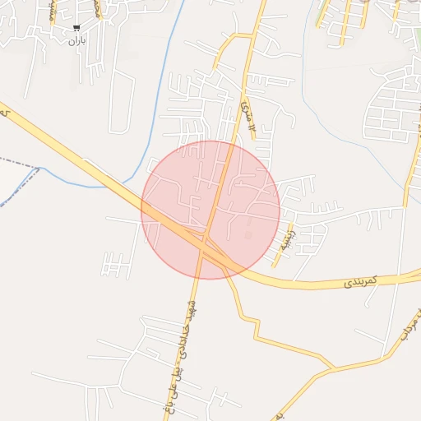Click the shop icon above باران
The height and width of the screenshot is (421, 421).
click(x=76, y=29)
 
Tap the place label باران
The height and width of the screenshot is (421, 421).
click(x=76, y=39)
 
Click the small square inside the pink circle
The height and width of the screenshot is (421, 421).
click(x=248, y=236)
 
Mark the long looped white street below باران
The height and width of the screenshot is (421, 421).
click(x=121, y=103)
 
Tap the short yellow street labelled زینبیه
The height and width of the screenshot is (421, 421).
click(x=282, y=248)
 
